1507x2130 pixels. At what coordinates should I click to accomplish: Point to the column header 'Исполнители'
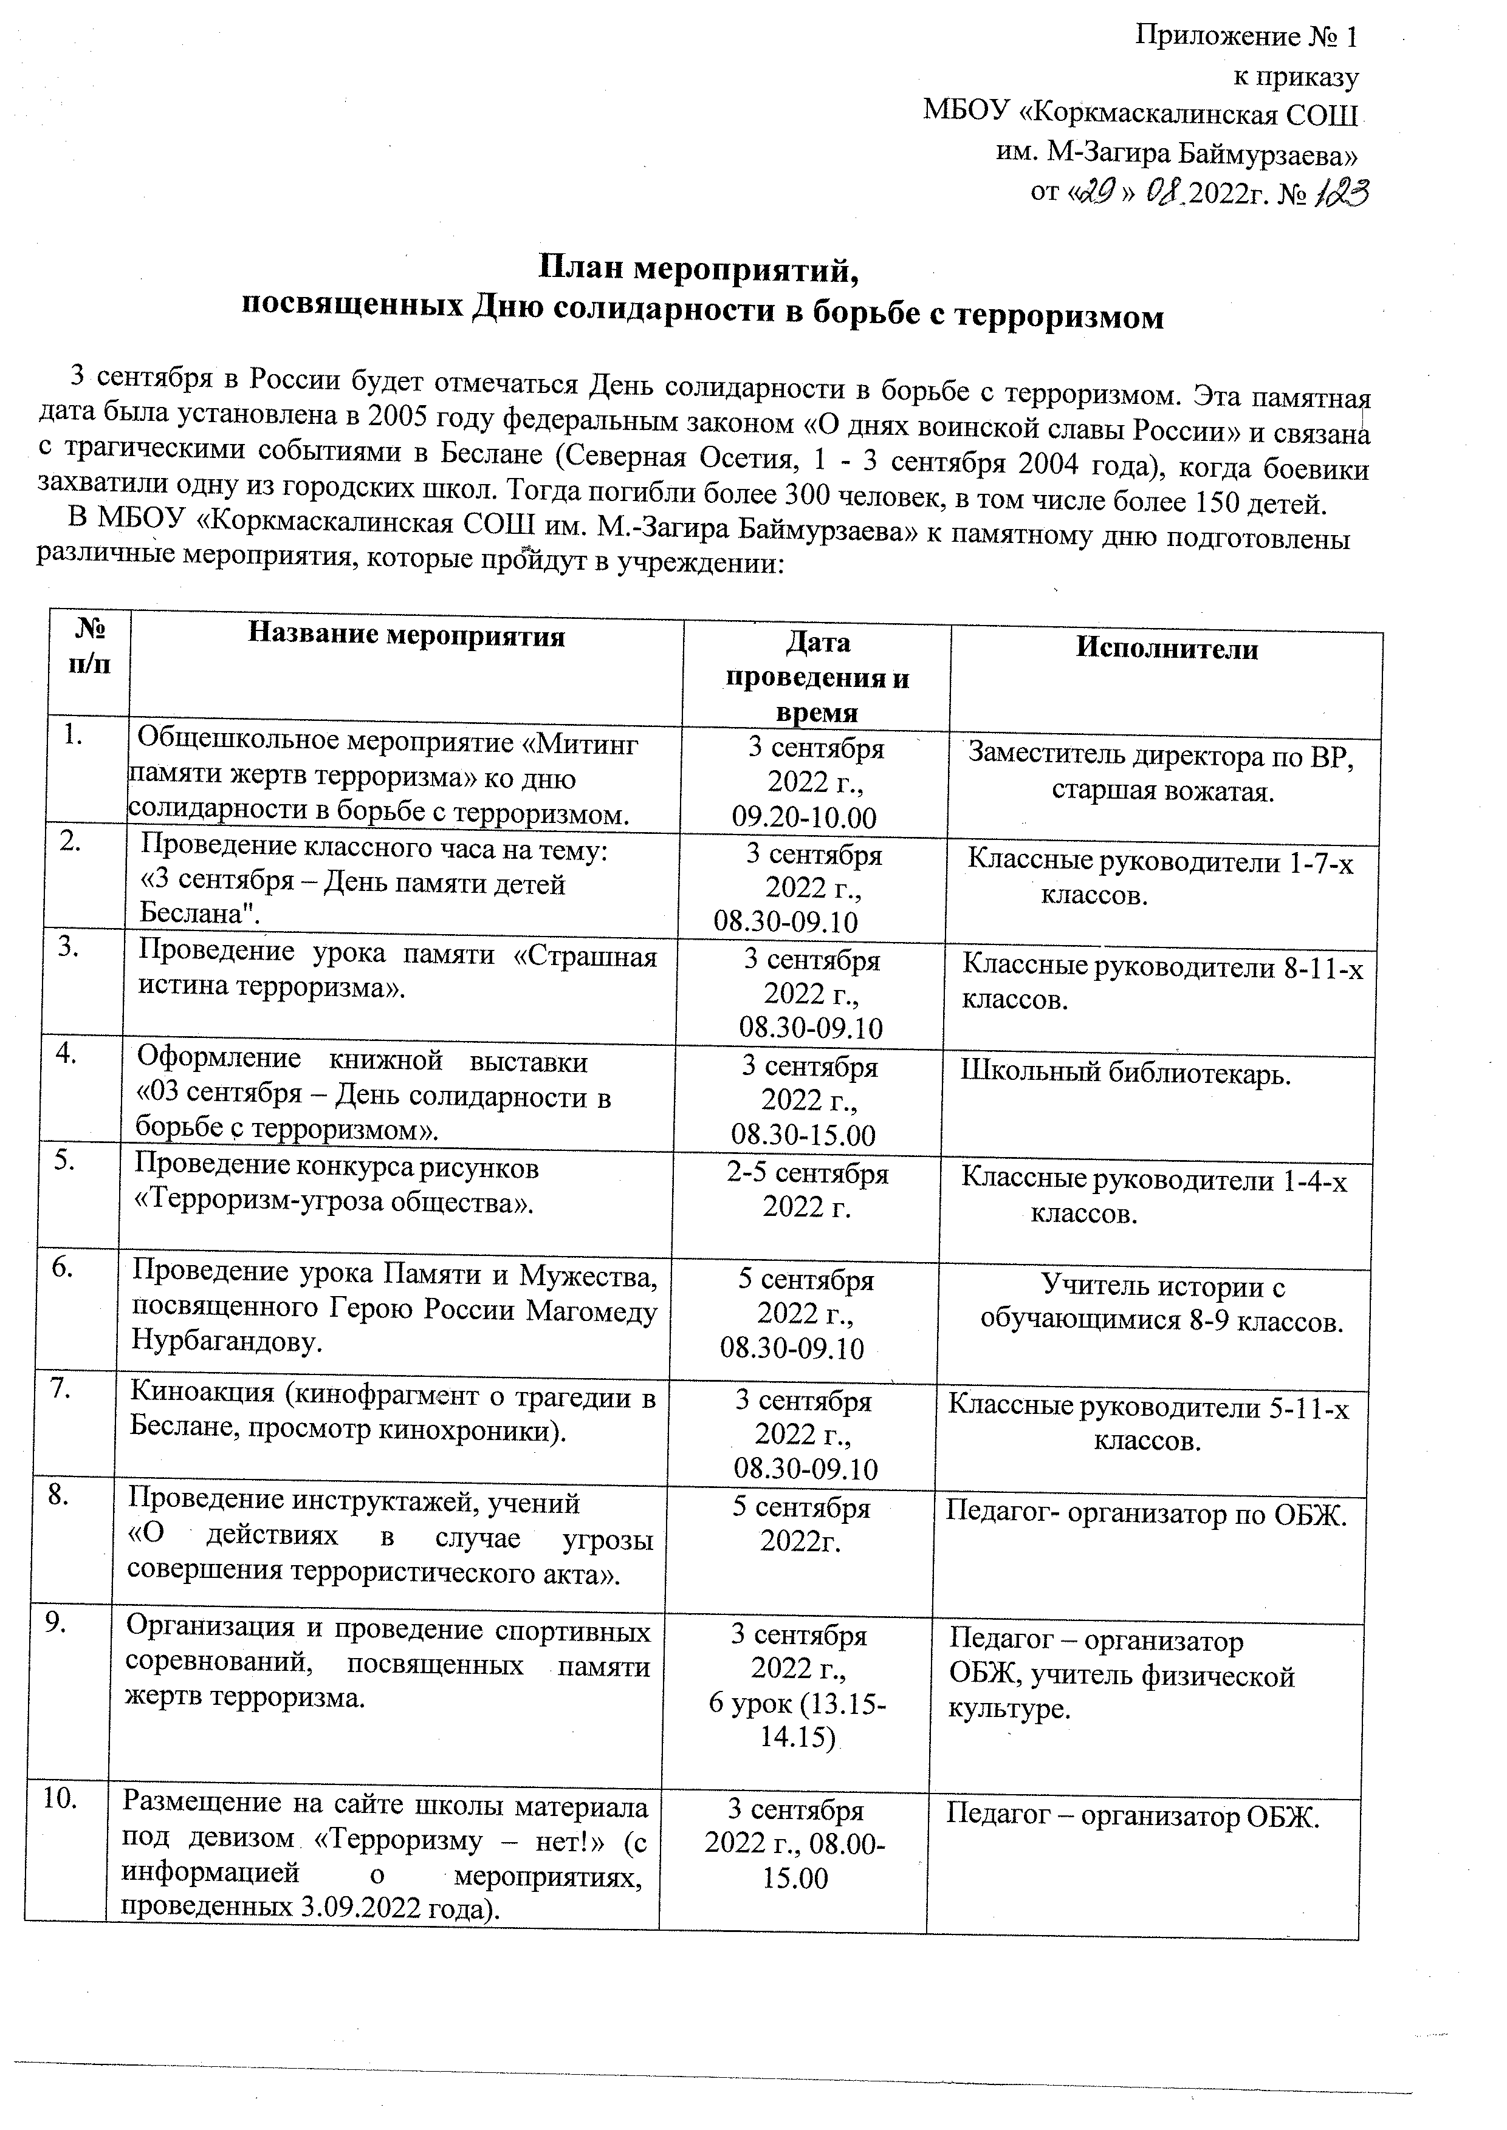pos(1167,649)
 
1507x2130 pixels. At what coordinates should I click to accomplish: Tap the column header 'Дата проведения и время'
pos(817,677)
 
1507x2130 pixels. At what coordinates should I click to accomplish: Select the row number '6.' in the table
pos(63,1269)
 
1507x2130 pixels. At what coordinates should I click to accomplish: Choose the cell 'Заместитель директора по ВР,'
pos(1161,756)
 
